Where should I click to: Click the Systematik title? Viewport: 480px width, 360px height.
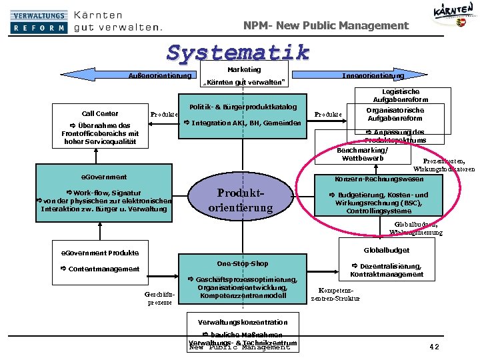tap(239, 51)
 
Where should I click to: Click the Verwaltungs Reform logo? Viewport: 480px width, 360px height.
tap(39, 21)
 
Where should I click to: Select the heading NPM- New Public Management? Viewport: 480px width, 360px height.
tap(326, 25)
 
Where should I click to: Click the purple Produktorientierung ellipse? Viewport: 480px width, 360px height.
tap(241, 199)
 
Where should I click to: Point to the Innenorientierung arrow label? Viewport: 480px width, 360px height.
tap(373, 75)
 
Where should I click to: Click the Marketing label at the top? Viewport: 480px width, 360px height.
tap(244, 69)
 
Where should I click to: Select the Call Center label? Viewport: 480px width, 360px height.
tap(100, 113)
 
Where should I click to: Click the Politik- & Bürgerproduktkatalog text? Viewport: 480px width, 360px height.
tap(243, 107)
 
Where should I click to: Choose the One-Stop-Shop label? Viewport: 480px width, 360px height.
tap(243, 263)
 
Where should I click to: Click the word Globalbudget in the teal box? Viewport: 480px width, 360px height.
tap(387, 251)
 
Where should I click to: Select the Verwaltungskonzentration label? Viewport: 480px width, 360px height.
tap(243, 322)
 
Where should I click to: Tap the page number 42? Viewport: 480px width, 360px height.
tap(434, 346)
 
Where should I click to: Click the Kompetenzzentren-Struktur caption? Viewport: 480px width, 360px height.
tap(335, 295)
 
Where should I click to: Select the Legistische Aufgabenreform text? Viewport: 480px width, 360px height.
tap(401, 95)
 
